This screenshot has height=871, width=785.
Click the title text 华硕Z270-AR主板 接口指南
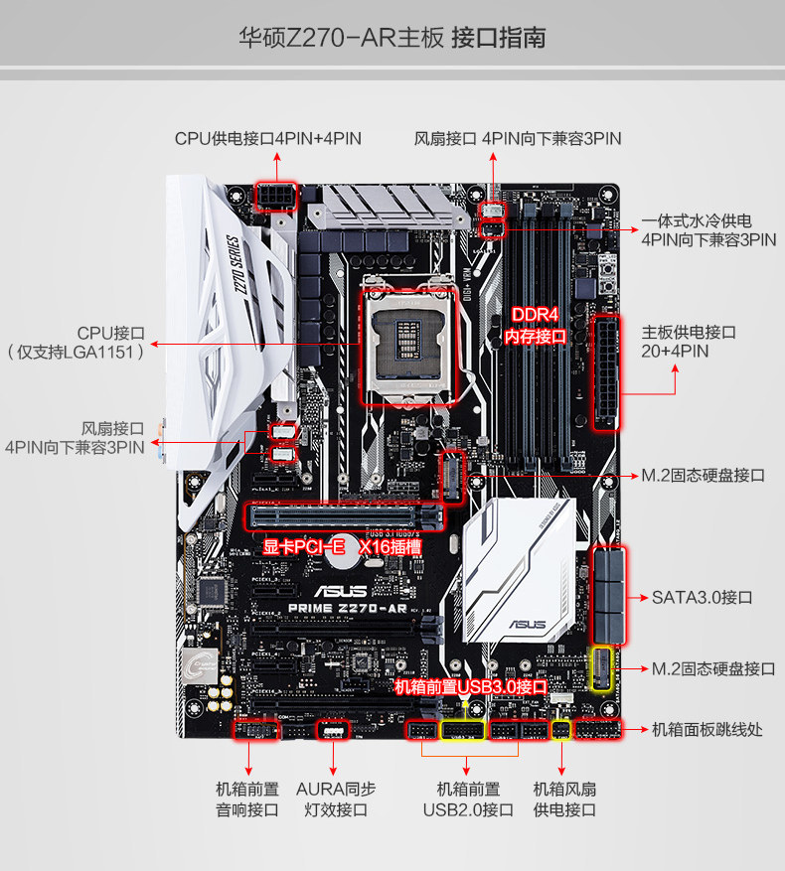point(392,39)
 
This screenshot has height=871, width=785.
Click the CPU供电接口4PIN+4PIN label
point(267,139)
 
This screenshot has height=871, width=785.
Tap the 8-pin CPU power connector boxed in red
point(275,197)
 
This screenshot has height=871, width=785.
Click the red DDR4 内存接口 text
point(536,326)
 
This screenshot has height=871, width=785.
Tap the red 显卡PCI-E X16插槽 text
point(342,547)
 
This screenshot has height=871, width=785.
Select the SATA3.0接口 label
point(702,597)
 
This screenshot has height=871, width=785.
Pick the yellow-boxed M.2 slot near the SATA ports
point(601,668)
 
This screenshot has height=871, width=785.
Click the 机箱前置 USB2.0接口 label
point(468,798)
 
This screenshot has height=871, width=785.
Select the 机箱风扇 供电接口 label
point(563,798)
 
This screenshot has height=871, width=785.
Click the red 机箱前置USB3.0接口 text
point(471,687)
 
